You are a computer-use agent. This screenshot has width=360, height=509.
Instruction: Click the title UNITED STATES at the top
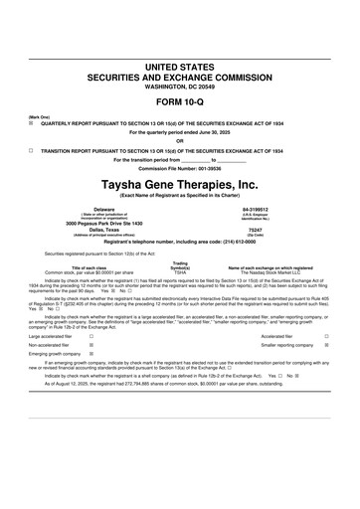pos(180,65)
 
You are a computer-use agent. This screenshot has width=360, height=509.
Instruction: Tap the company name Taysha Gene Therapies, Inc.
pos(180,183)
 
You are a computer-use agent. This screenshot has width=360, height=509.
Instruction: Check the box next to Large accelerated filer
pos(91,337)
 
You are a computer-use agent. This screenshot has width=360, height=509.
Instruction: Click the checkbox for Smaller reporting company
pos(327,346)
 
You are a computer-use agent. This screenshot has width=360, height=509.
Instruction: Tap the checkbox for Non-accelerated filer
pos(91,346)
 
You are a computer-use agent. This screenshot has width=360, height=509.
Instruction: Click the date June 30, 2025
pos(213,133)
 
